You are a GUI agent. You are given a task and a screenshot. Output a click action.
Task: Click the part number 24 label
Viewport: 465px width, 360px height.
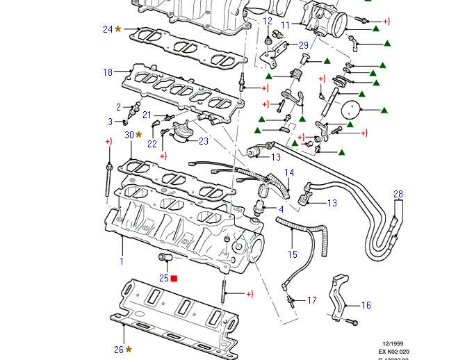pos(107,29)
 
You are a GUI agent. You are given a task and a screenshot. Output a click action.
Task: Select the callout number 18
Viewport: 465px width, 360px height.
pos(107,72)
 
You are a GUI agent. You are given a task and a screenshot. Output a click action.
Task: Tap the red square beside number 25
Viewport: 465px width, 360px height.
pos(174,279)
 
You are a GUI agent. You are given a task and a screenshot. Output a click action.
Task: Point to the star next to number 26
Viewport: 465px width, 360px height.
pos(129,350)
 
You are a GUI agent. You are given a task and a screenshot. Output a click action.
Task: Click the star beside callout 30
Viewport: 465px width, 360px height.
pos(138,134)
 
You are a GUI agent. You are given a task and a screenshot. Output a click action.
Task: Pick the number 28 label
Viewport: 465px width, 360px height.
pos(398,194)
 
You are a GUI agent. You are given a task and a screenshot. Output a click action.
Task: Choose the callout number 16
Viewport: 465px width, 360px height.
pos(366,305)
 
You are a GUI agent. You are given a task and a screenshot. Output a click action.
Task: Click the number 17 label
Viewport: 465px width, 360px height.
pos(311,301)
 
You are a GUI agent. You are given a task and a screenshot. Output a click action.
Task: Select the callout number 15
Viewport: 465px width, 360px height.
pos(293,255)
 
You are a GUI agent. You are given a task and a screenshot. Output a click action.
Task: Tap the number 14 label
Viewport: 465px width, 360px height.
pos(288,172)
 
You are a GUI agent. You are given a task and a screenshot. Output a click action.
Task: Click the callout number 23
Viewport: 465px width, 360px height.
pos(203,141)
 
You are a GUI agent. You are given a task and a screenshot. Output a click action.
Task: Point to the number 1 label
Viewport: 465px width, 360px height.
pos(121,261)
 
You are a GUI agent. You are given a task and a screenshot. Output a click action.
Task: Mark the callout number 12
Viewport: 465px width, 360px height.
pos(268,21)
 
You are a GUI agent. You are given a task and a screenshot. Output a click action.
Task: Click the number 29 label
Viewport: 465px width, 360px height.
pos(303,45)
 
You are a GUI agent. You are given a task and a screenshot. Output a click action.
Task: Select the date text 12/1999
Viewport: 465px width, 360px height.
pos(393,343)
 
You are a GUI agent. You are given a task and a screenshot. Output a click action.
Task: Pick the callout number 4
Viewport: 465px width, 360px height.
pos(281,209)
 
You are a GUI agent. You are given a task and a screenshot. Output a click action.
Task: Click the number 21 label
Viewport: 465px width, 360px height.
pos(147,115)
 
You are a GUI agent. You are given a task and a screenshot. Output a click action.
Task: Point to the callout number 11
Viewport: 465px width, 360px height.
pos(284,25)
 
